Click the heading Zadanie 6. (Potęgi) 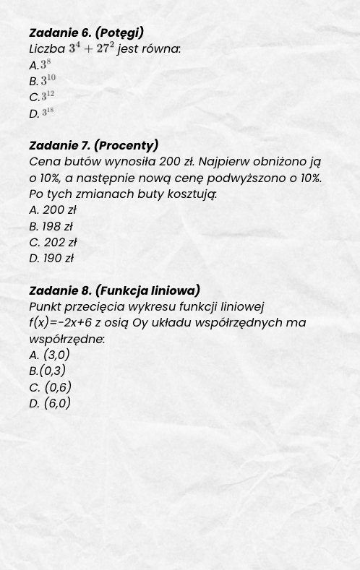point(86,33)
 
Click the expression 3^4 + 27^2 point(92,49)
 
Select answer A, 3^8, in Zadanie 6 point(40,65)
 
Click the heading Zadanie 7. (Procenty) point(93,145)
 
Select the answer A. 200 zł point(52,210)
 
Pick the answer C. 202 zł point(52,242)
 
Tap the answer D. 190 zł point(51,258)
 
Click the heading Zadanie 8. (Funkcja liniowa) point(114,290)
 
